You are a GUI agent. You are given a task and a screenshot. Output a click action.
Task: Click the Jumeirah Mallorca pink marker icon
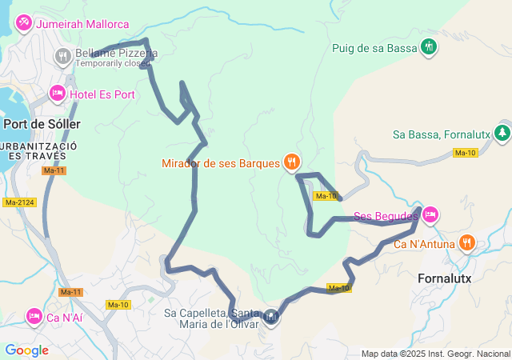(23, 22)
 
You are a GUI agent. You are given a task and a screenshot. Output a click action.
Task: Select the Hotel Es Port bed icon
(58, 94)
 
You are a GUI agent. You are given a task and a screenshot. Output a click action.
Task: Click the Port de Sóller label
(39, 124)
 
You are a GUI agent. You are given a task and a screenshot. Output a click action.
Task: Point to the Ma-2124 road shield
(18, 203)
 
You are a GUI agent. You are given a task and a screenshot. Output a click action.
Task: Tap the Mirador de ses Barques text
(221, 163)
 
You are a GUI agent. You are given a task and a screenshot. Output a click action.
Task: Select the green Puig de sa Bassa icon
(430, 47)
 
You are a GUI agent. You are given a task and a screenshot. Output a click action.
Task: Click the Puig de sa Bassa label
(375, 48)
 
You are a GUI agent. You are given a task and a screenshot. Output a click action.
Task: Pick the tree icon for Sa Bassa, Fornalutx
(502, 133)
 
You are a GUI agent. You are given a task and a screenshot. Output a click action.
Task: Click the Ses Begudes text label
(386, 217)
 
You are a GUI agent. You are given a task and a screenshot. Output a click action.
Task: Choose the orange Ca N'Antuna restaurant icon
(467, 242)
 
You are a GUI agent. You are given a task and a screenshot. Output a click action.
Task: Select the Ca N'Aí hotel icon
(34, 316)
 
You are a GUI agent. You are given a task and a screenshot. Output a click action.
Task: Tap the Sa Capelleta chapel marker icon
(271, 318)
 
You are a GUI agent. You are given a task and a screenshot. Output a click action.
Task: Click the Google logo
(26, 350)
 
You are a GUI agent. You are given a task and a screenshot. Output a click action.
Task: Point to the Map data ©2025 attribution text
(434, 354)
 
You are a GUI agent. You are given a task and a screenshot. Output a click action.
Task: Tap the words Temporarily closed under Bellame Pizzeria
(113, 63)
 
